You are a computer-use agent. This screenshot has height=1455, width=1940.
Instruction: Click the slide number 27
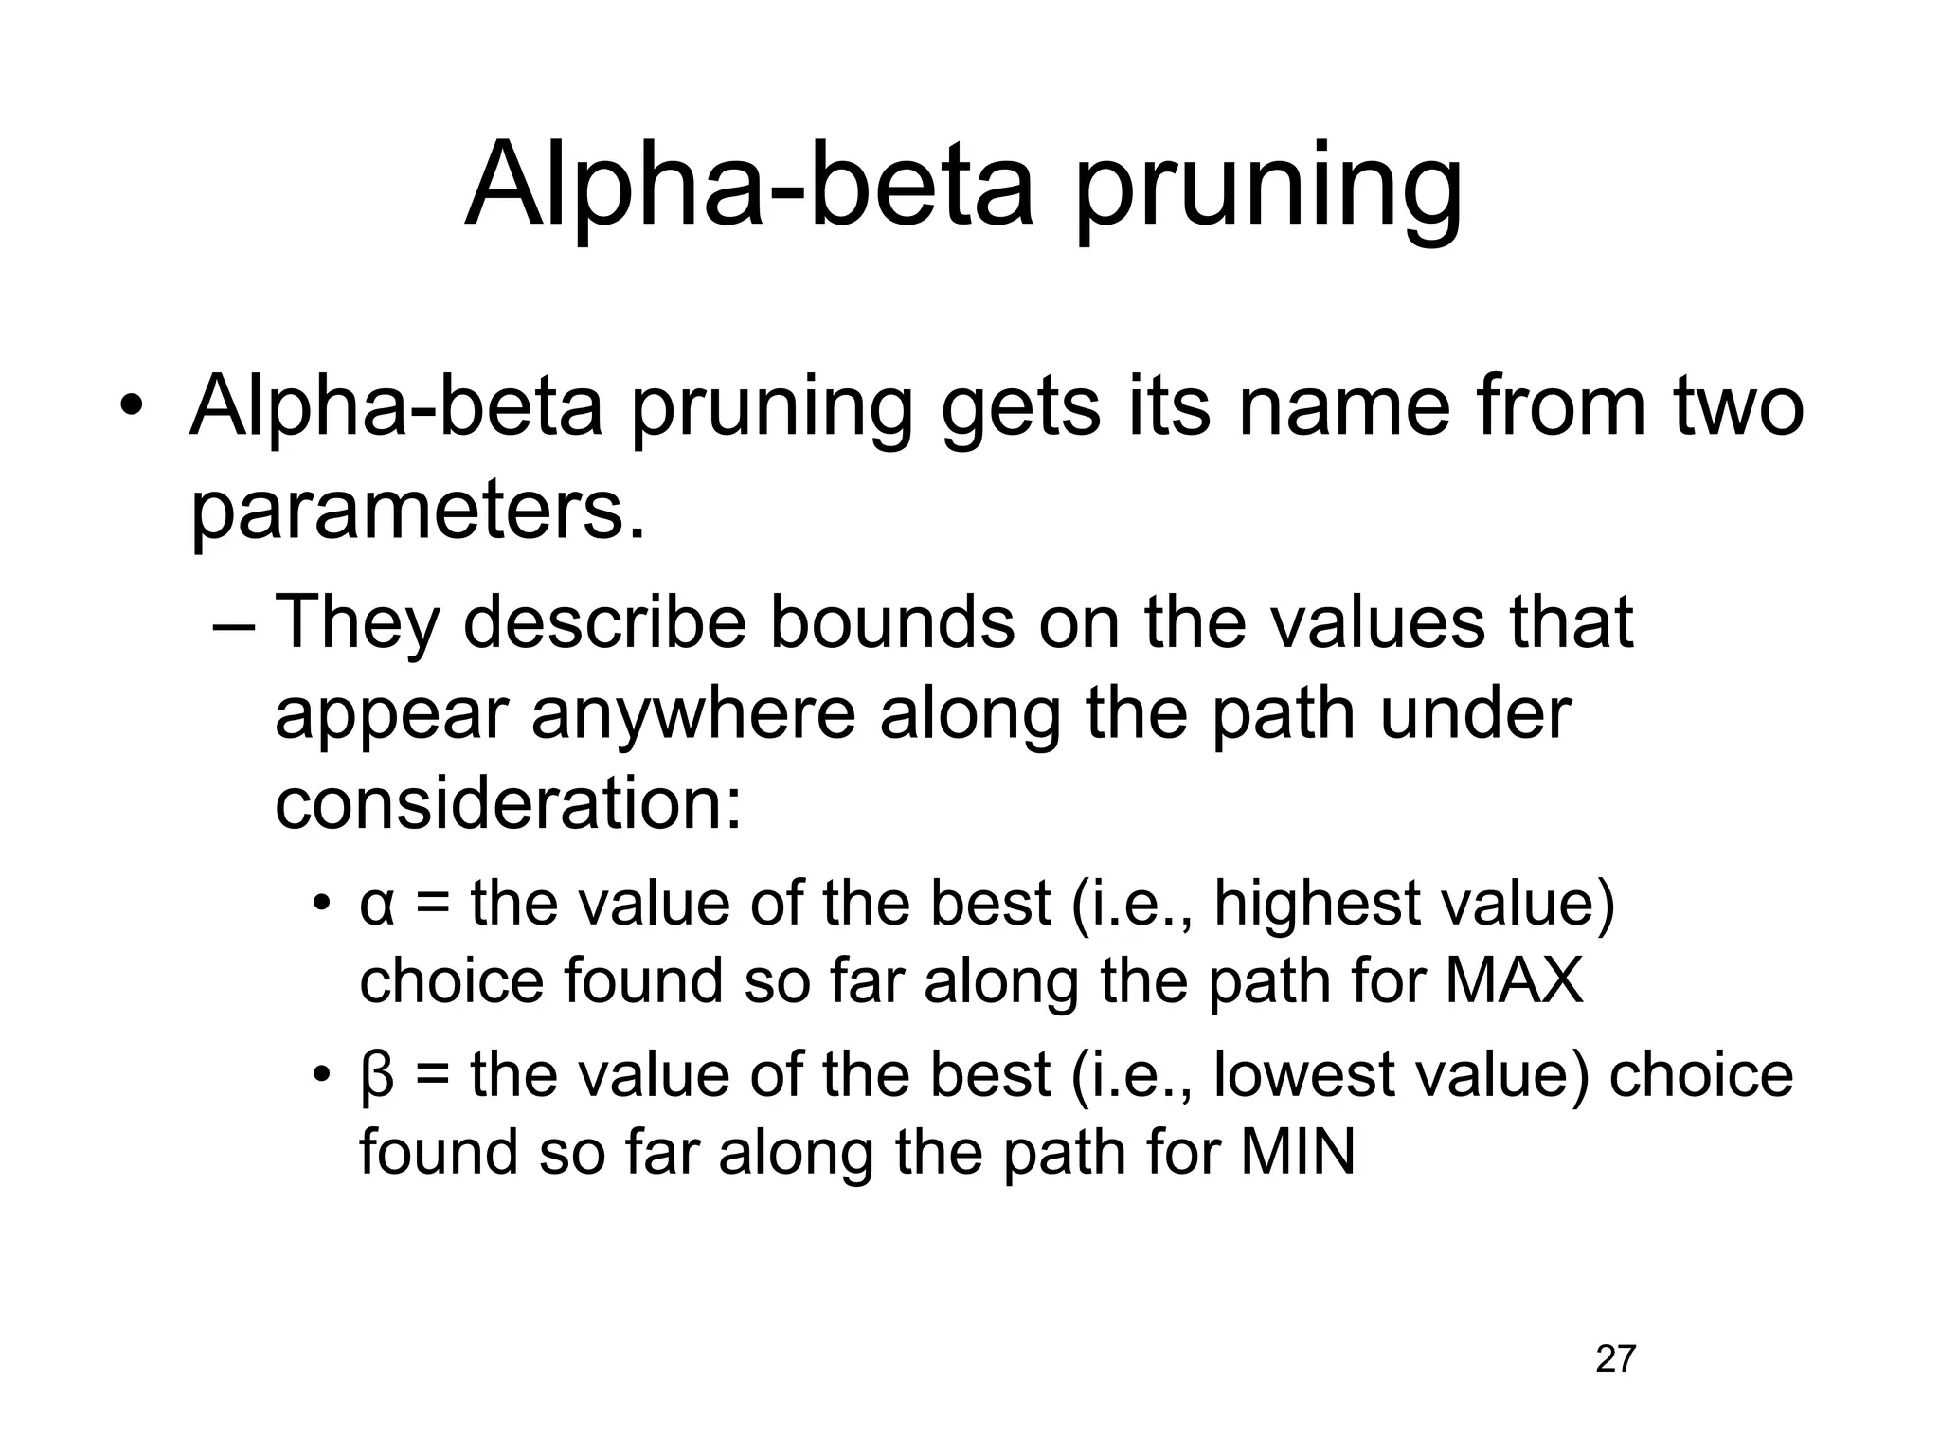[x=1616, y=1358]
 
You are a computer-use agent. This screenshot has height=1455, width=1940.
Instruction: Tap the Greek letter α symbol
[x=377, y=906]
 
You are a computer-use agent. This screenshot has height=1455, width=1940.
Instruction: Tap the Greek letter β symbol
[x=377, y=1077]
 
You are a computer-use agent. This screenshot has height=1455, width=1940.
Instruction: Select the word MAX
[x=1515, y=980]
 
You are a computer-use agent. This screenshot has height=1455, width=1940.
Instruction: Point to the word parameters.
[x=418, y=512]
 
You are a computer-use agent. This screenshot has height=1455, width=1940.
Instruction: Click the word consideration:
[x=508, y=804]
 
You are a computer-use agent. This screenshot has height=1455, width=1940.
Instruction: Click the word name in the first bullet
[x=1344, y=408]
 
